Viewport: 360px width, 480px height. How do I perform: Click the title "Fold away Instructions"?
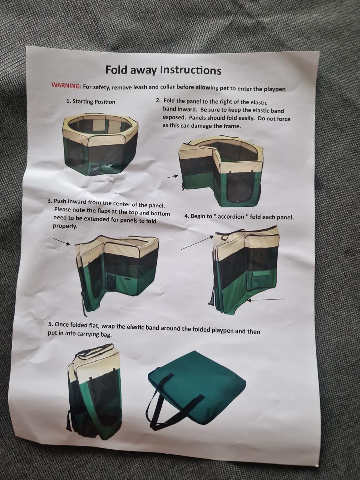point(163,70)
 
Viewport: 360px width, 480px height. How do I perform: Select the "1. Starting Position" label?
point(91,102)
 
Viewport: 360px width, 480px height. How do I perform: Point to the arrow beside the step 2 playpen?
point(172,177)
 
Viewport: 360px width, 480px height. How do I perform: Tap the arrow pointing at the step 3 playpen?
point(61,241)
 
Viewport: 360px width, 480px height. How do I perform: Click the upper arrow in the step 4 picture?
point(198,243)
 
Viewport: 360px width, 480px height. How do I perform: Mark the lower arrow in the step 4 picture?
point(267,299)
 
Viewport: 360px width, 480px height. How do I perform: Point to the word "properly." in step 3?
point(65,226)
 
